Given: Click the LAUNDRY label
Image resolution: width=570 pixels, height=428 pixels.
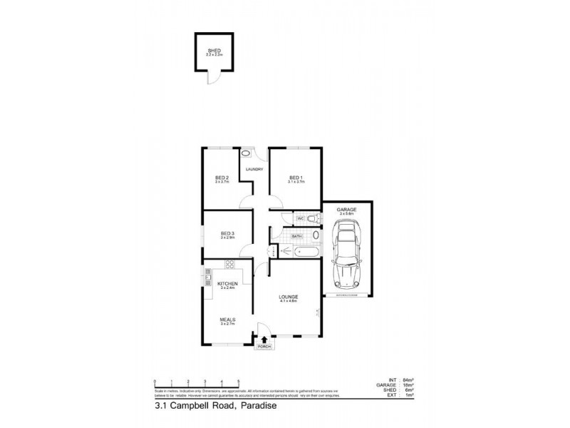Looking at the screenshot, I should pos(255,169).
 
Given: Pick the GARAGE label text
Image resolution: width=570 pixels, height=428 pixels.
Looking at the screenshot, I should pos(347,209).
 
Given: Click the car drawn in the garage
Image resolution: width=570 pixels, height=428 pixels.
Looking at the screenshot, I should pos(346,253).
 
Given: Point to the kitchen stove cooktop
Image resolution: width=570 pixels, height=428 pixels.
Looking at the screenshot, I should pos(230,265).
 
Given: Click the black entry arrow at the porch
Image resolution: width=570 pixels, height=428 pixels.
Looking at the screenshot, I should pos(265,340).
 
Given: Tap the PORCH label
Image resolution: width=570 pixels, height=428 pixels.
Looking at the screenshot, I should pos(265,348).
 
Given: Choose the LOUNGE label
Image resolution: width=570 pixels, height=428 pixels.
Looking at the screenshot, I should pos(289,296).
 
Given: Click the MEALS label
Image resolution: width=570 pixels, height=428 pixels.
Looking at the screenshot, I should pos(227,320).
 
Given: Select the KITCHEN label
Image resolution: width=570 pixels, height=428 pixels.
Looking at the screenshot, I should pos(227,283).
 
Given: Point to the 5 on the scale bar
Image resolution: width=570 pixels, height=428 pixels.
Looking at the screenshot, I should pos(239,382).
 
